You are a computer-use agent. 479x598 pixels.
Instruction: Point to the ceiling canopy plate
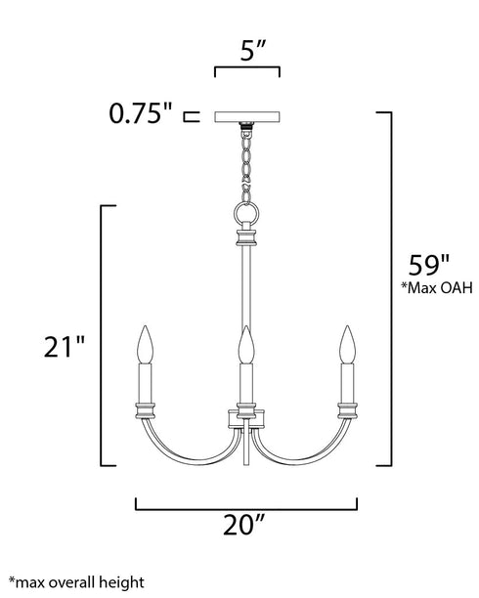[x=247, y=117]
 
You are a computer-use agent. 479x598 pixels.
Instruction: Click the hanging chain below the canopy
[x=246, y=161]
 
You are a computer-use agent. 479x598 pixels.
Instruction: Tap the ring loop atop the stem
[x=246, y=212]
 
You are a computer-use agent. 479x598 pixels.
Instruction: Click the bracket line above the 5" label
[x=247, y=69]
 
